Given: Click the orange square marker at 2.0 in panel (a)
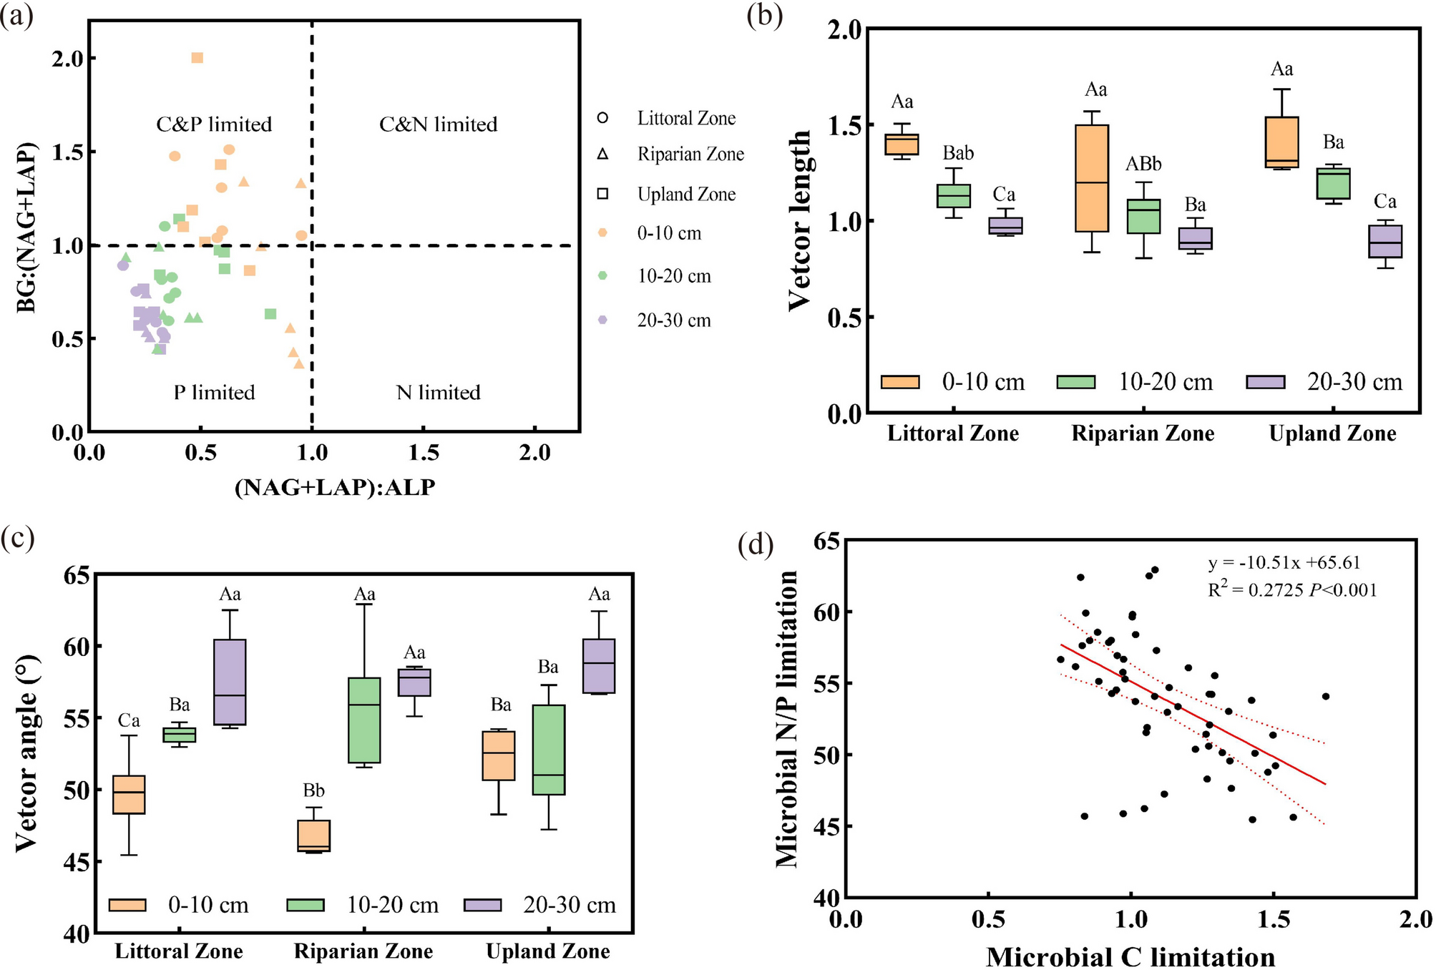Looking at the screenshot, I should pyautogui.click(x=197, y=58).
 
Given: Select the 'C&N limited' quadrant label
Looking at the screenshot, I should pyautogui.click(x=438, y=124).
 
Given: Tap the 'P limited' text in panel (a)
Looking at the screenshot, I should pyautogui.click(x=214, y=393).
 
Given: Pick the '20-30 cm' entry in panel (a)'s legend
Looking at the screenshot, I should pyautogui.click(x=673, y=320).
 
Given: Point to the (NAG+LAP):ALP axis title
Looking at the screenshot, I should pyautogui.click(x=335, y=488).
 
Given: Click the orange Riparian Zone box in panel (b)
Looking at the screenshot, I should pyautogui.click(x=1092, y=179).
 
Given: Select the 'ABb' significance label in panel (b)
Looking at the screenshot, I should pyautogui.click(x=1143, y=165).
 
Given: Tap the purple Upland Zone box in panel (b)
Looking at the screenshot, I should pyautogui.click(x=1384, y=242).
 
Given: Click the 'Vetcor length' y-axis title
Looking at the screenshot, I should pyautogui.click(x=800, y=220).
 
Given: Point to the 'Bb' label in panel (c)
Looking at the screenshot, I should pyautogui.click(x=313, y=790).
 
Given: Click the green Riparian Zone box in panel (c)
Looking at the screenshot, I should pyautogui.click(x=364, y=720).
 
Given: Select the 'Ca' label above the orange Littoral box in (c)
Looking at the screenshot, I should pyautogui.click(x=129, y=720).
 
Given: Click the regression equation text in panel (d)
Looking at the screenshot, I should pyautogui.click(x=1284, y=563).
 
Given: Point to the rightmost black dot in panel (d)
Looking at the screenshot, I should pyautogui.click(x=1325, y=696).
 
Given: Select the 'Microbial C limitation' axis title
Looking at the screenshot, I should pyautogui.click(x=1130, y=956).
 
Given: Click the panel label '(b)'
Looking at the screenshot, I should pyautogui.click(x=764, y=14).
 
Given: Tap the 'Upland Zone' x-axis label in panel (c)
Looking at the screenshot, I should pyautogui.click(x=547, y=951).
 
